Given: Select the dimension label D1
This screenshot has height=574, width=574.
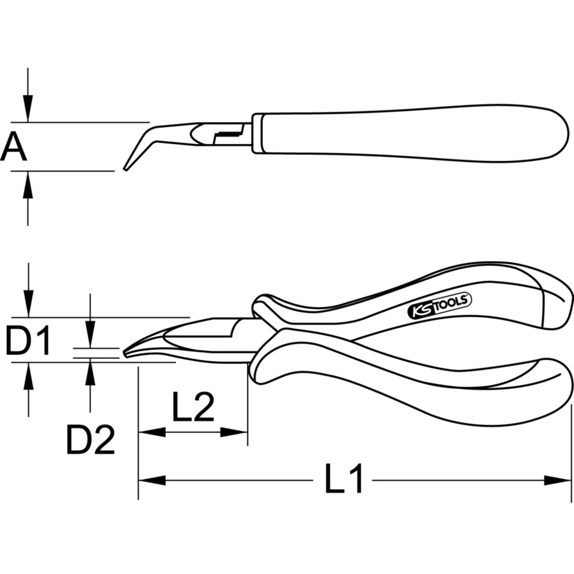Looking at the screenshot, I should [x=29, y=340].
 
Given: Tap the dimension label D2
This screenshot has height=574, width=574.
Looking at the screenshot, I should [x=90, y=440].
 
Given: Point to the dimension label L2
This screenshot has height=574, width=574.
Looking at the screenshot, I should [x=192, y=409].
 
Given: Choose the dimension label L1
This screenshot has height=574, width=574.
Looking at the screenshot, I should [x=344, y=479].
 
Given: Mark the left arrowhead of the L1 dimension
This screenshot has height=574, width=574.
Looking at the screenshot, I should [x=151, y=479].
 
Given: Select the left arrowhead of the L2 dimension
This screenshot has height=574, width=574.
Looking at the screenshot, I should [x=151, y=432].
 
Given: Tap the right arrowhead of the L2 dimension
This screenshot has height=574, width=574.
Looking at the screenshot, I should [x=235, y=432].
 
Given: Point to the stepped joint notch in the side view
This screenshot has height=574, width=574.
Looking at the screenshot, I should [x=224, y=135].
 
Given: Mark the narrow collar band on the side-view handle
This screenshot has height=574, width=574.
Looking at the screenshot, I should [x=258, y=133].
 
